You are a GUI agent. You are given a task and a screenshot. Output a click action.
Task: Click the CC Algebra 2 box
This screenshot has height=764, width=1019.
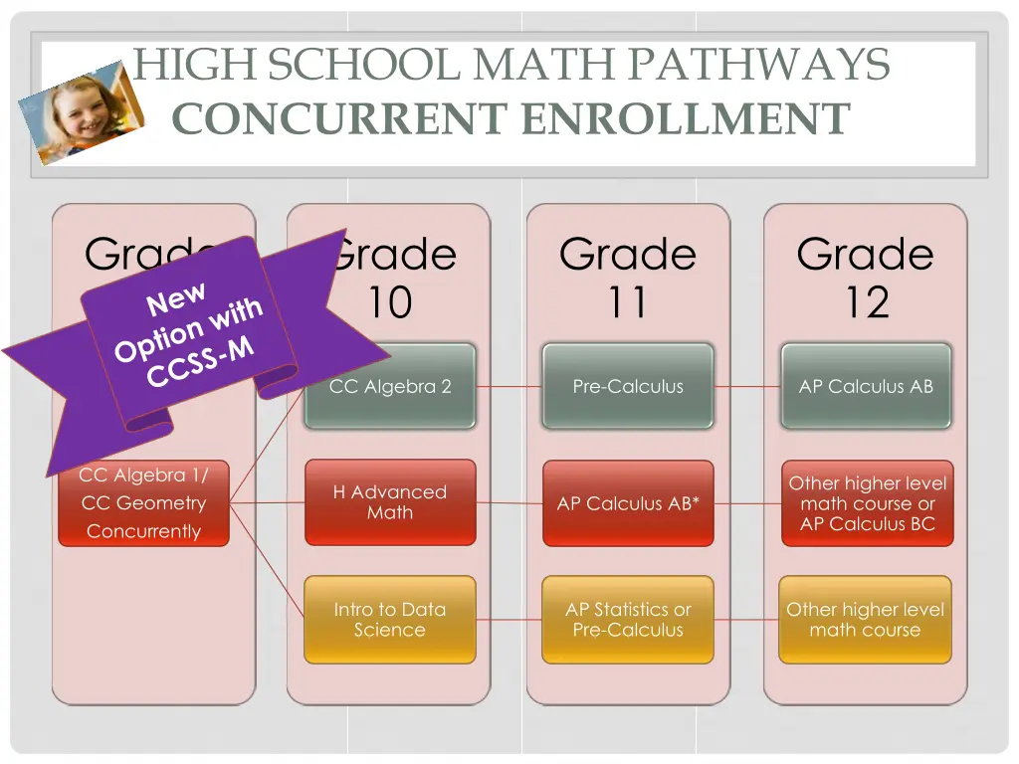pos(390,386)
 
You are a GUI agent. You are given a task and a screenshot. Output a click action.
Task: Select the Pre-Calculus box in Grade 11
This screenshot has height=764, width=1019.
pos(628,386)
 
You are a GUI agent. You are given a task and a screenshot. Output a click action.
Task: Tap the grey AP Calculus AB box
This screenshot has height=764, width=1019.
pos(866,386)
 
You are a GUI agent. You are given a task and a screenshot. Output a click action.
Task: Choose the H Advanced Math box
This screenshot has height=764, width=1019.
pos(390,502)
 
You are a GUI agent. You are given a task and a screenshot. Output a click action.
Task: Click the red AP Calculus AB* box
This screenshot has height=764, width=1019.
pos(628,503)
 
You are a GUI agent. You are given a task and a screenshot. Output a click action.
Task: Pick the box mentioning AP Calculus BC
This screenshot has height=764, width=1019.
pos(867,503)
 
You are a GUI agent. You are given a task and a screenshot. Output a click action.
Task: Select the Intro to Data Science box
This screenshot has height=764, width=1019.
pos(390,620)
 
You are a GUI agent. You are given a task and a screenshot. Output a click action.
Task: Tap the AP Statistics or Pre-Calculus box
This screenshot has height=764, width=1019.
pos(628,620)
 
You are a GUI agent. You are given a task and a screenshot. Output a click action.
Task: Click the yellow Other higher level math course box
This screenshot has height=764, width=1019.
pos(865,620)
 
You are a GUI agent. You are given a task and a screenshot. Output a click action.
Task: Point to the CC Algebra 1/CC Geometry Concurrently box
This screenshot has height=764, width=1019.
pos(143,503)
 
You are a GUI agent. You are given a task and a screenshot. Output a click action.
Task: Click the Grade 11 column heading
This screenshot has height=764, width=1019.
pos(627,278)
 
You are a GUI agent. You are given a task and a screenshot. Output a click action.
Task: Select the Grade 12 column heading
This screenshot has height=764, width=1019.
pos(865,278)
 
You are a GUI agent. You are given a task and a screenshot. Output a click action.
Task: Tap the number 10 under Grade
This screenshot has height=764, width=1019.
pos(390,302)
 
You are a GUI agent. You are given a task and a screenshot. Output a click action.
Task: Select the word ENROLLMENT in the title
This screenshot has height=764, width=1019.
pos(686,119)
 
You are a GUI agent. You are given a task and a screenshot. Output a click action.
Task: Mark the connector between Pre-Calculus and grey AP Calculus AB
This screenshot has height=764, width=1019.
pos(747,386)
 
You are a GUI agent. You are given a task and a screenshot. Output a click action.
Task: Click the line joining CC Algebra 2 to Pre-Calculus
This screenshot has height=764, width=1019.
pos(509,386)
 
